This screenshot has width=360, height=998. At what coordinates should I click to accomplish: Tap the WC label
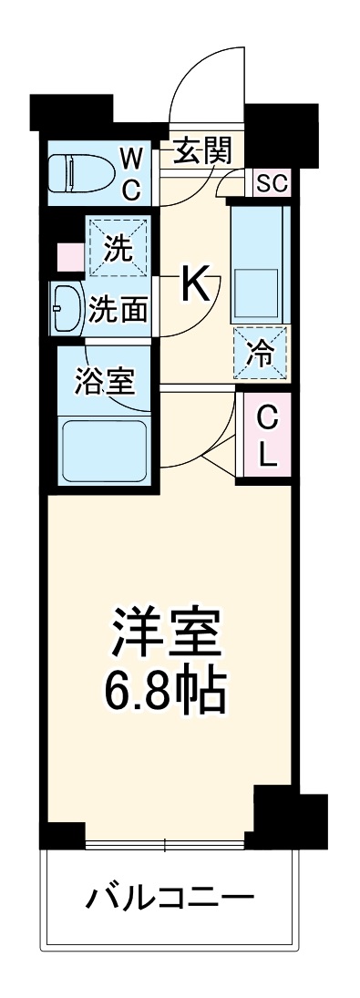point(131,175)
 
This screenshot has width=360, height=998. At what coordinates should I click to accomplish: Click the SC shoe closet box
point(271,183)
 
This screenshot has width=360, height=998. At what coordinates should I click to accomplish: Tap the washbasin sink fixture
point(67,310)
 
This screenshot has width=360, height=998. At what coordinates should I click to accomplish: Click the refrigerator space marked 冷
point(261,351)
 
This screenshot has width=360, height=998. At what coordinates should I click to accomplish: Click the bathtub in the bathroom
point(103,449)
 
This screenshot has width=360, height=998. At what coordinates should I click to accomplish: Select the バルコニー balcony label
point(170,900)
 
